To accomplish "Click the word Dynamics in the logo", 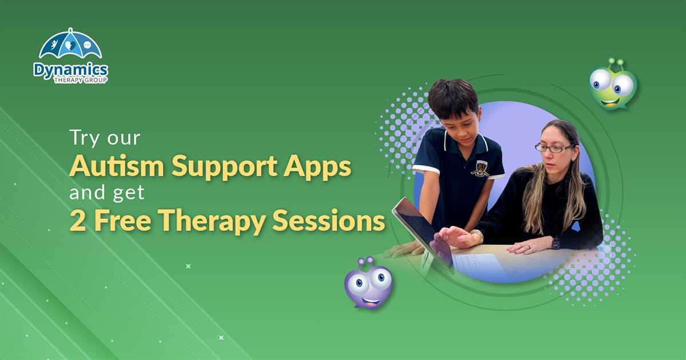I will (x=70, y=69).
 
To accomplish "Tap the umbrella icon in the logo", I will (x=70, y=45).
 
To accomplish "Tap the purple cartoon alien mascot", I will (x=368, y=283).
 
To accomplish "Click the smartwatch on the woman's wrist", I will (x=556, y=242).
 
